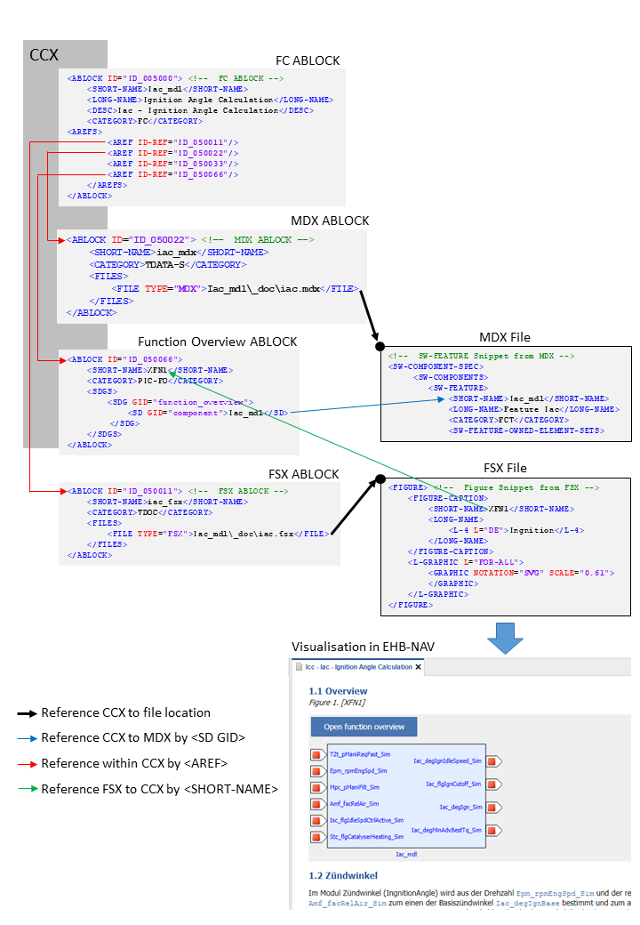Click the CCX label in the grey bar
(44, 56)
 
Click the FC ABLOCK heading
(308, 60)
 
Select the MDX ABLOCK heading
(330, 221)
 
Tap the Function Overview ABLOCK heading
(218, 342)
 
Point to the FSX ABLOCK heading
(304, 474)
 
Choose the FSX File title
(505, 468)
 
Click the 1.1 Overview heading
(338, 691)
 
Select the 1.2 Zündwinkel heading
(344, 875)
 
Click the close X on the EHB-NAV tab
(419, 666)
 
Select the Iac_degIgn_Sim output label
(460, 807)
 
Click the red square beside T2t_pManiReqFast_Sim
(316, 755)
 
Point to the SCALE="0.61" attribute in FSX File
(585, 573)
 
